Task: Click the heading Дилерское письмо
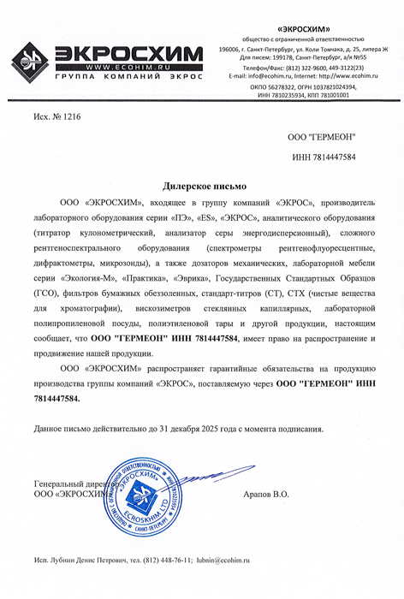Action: tap(204, 185)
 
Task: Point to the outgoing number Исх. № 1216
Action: tap(57, 114)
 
